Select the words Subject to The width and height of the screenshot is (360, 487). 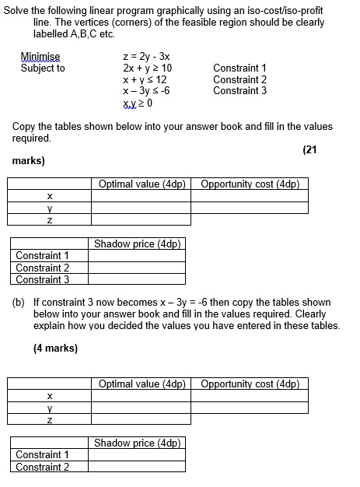coord(43,68)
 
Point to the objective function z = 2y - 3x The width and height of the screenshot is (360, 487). coord(146,57)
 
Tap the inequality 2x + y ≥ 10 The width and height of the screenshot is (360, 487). coord(147,68)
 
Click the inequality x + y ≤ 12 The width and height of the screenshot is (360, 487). coord(145,79)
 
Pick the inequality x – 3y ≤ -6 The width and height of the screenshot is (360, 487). coord(146,90)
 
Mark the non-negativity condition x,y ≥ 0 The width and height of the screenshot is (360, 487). coord(138,102)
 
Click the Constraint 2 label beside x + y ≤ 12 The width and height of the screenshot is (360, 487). coord(239,79)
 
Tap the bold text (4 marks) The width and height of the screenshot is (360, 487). coord(55,348)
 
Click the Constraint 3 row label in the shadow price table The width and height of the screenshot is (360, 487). coord(43,279)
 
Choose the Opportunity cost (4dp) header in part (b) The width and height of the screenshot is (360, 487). coord(250,384)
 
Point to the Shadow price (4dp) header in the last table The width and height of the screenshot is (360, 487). coord(137,443)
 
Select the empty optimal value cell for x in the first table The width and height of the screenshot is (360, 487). coord(141,196)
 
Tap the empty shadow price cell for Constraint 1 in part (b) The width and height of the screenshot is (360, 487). coord(137,454)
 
